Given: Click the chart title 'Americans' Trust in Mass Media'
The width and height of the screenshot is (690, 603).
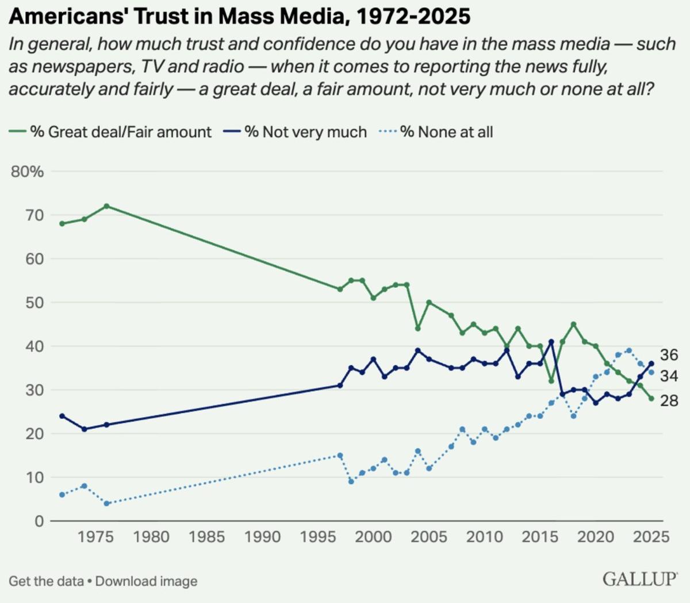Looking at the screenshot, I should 239,17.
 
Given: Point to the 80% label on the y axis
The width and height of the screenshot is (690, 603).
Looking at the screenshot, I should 27,171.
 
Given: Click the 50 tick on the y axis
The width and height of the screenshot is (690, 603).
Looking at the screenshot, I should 35,303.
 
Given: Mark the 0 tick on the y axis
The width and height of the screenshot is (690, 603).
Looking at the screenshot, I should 39,521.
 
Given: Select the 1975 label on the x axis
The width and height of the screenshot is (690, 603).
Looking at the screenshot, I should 95,537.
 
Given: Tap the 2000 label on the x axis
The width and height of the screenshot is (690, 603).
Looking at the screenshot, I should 374,537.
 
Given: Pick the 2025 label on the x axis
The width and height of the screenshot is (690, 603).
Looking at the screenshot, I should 651,537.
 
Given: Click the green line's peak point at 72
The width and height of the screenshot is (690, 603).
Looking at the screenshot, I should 106,206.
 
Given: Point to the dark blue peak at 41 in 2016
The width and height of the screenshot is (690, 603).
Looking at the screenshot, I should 551,342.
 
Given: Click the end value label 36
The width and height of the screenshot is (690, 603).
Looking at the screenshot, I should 669,355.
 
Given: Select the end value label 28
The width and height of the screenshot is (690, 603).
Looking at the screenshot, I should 669,400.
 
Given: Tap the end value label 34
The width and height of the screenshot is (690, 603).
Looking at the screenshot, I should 669,376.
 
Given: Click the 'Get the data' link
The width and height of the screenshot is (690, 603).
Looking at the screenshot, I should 46,581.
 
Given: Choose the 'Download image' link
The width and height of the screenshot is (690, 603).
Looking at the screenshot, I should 146,581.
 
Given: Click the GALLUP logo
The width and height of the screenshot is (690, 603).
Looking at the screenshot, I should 639,579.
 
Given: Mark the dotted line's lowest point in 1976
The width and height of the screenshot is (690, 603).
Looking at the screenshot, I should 106,503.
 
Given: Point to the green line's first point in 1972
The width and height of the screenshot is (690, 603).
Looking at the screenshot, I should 62,223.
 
